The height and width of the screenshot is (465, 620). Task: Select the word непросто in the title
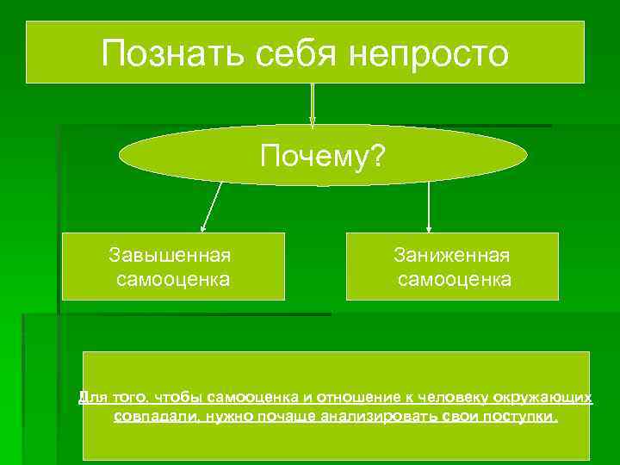pos(430,53)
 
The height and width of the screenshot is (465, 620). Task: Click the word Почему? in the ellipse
pos(323,157)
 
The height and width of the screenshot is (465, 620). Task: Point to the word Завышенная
pos(170,255)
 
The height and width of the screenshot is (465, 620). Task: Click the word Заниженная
pos(452,255)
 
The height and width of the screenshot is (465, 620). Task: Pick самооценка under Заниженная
pos(455,279)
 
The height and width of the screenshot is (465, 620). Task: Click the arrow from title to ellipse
pos(312,103)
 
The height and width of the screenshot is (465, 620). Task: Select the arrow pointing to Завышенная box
pos(212,207)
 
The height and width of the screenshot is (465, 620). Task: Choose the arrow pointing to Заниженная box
pos(429,207)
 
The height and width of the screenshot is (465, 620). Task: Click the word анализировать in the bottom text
pos(374,417)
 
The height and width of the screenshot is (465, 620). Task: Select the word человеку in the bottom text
pos(449,397)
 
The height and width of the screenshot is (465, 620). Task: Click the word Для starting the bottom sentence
pos(90,397)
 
